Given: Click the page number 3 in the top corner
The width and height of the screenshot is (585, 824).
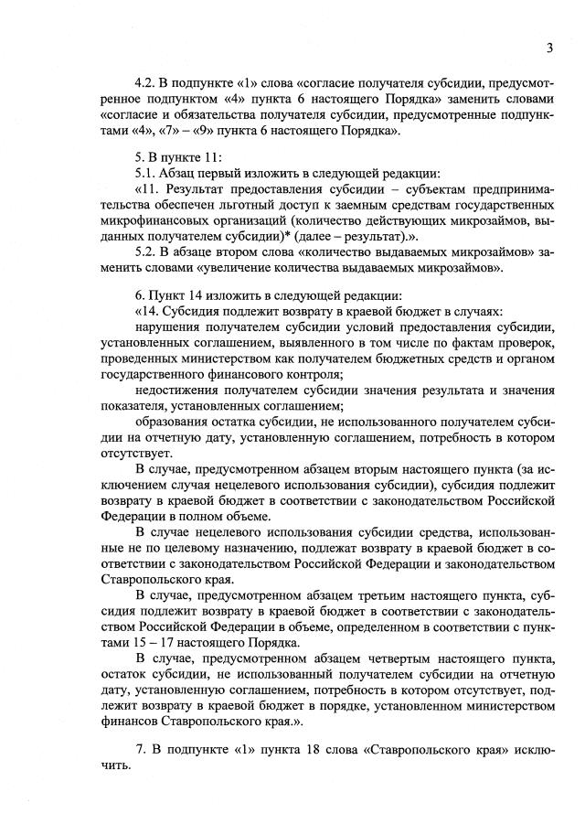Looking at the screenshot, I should [x=550, y=48].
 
